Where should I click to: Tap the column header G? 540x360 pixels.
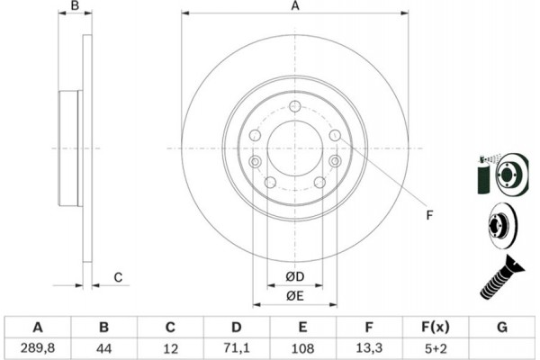[500, 326]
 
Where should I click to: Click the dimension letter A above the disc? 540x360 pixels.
[293, 7]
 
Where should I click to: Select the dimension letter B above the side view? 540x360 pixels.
[76, 7]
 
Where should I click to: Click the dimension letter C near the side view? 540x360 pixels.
[118, 277]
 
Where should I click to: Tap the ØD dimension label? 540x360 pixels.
[294, 277]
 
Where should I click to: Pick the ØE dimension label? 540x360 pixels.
[294, 297]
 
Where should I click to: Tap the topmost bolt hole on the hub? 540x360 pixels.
[294, 107]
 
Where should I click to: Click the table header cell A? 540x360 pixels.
[37, 326]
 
